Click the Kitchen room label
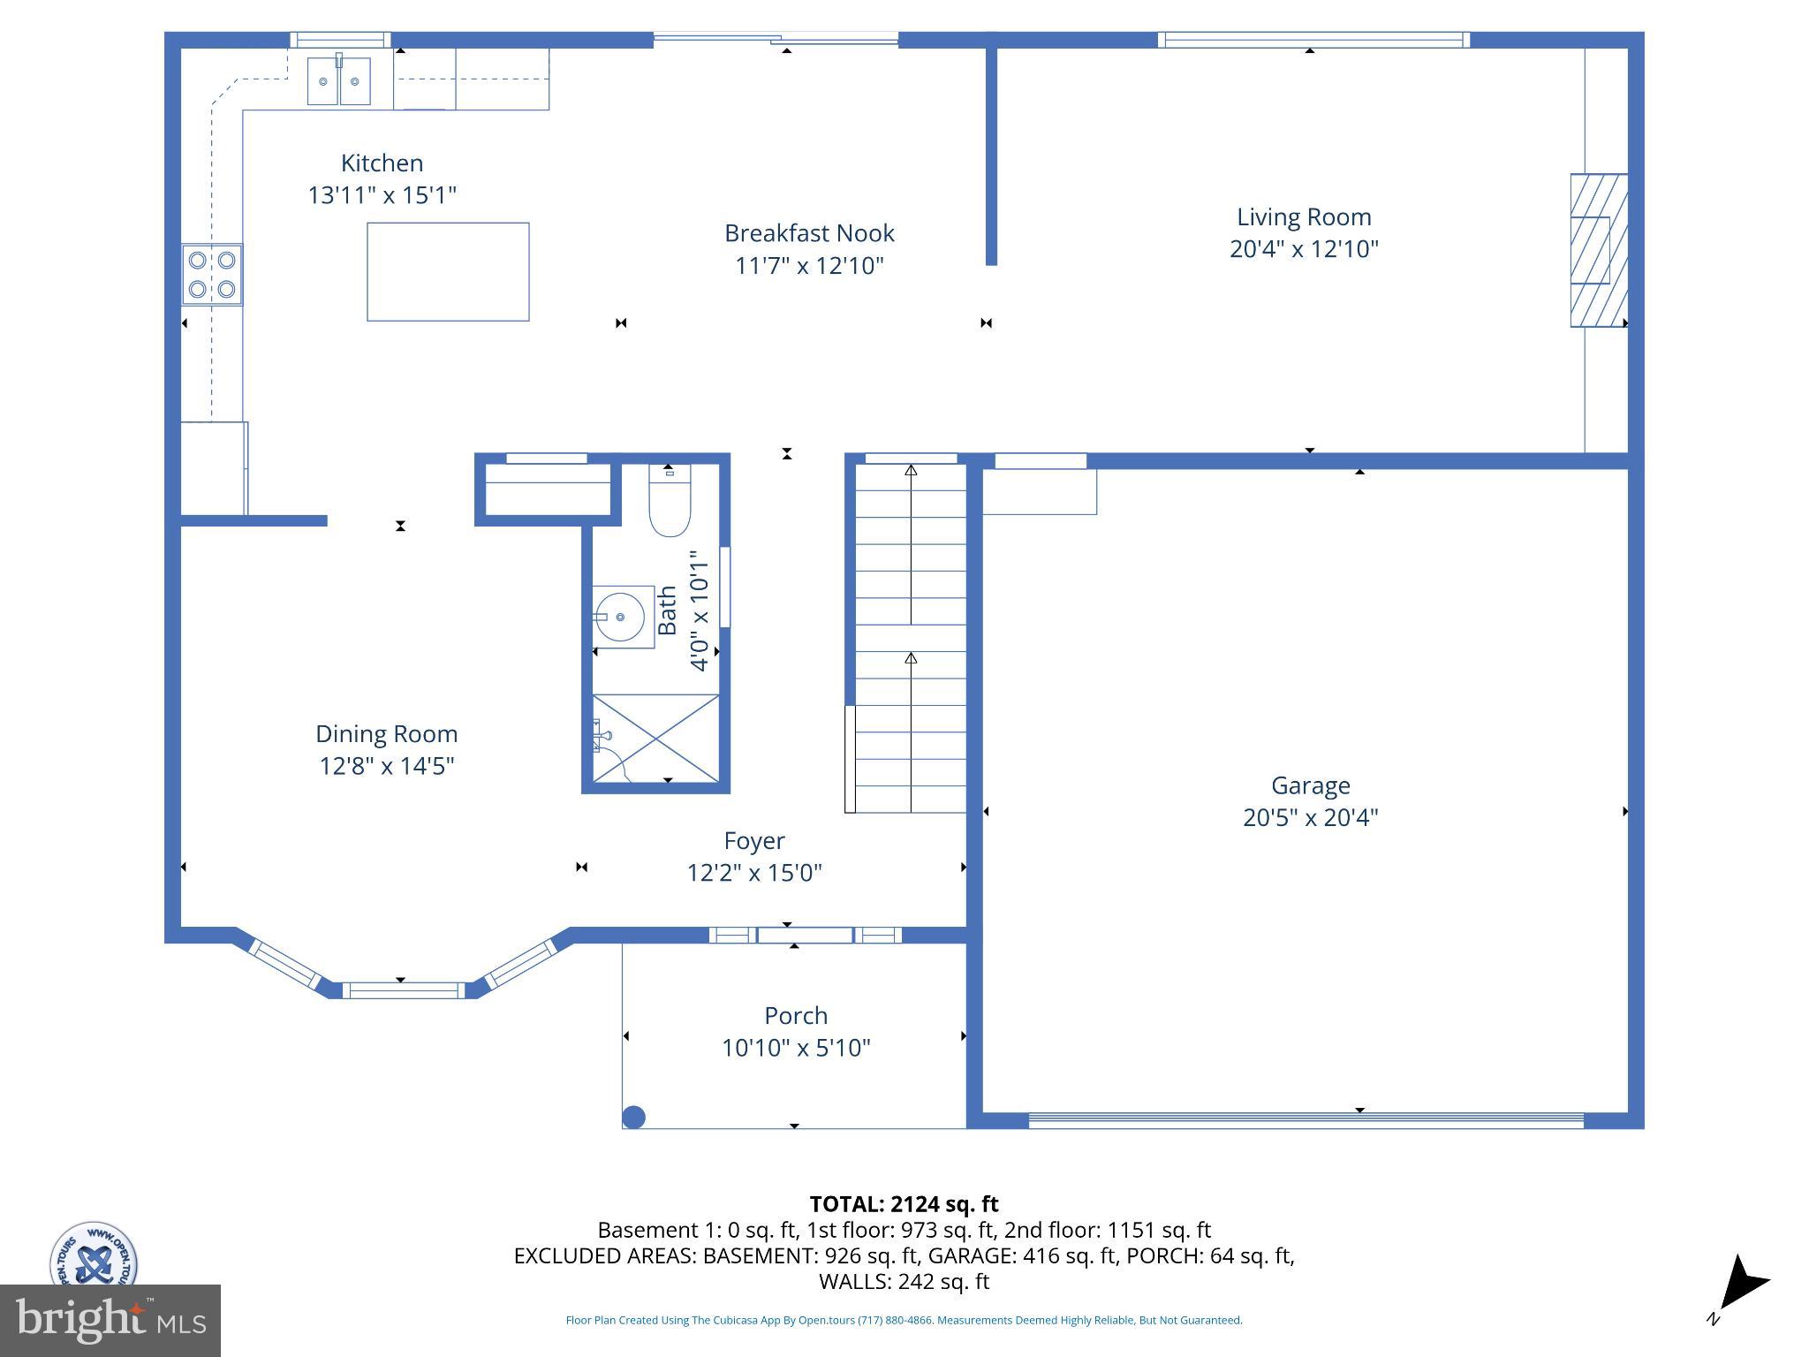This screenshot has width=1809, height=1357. coord(382,163)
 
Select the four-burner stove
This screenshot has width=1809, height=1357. coord(212,275)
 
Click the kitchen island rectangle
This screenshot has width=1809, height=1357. coord(448,271)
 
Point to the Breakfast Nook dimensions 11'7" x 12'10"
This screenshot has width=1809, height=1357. coord(809,266)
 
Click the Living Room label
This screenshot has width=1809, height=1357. coord(1303,217)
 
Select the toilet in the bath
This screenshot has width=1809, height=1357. coord(670,508)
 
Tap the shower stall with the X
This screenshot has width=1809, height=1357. coord(655,739)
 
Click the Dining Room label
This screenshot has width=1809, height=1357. coord(386,734)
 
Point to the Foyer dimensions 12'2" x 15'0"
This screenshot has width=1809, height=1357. coord(754,873)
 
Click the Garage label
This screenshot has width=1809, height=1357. coord(1310,785)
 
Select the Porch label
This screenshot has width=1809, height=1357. coord(796,1016)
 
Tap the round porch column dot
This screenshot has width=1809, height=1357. coord(633,1118)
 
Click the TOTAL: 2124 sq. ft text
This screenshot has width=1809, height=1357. coord(904,1204)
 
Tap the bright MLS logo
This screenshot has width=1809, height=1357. coord(110,1320)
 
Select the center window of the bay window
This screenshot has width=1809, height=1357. coord(403,990)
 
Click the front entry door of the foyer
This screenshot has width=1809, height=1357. coord(805,935)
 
